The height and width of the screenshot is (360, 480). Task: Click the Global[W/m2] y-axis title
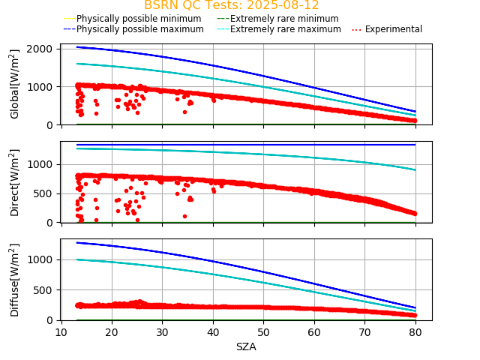pos(15,84)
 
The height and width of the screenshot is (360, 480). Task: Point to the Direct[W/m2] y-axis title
pos(15,182)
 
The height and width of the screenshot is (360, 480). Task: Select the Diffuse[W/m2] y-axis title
pos(15,280)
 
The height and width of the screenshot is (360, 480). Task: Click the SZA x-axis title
pos(246,346)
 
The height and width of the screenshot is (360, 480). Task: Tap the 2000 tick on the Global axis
pos(43,49)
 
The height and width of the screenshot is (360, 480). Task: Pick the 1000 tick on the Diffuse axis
pos(43,259)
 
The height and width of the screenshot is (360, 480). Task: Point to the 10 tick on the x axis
pos(61,332)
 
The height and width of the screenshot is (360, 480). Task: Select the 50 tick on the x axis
pos(263,332)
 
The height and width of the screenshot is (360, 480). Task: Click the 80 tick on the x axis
pos(415,332)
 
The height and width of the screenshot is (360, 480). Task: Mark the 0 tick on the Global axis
pos(52,125)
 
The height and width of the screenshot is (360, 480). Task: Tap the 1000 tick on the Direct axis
pos(43,164)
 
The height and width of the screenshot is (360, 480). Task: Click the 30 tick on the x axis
pos(163,332)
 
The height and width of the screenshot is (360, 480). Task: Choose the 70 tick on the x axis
pos(364,332)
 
